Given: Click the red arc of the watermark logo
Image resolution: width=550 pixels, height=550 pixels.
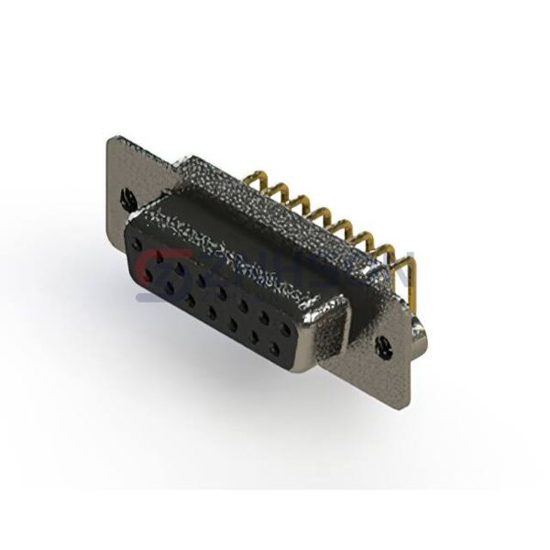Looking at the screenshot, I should pos(147,267).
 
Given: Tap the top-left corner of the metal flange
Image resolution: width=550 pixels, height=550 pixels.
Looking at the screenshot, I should pos(112,137).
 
